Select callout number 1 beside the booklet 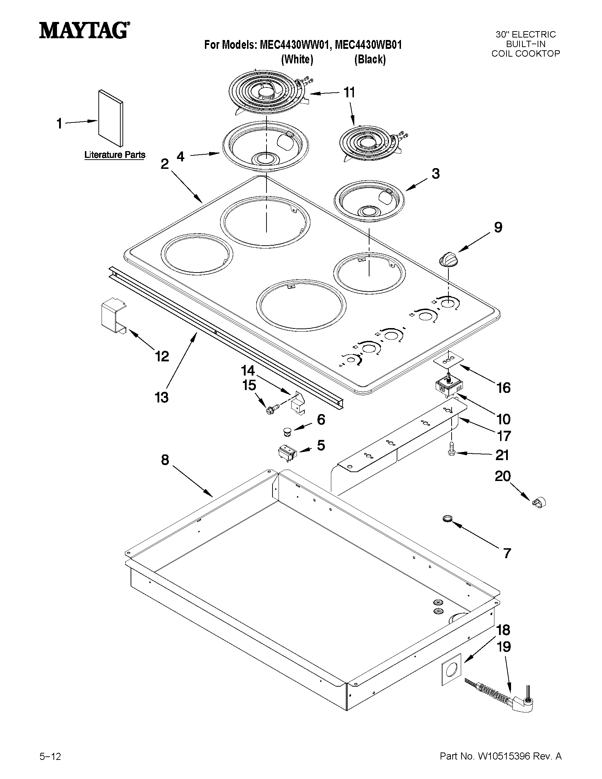[59, 124]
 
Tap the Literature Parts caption [115, 155]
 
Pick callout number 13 [161, 397]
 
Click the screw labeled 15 [270, 410]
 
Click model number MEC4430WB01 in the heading [368, 45]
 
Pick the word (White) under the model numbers [297, 59]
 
